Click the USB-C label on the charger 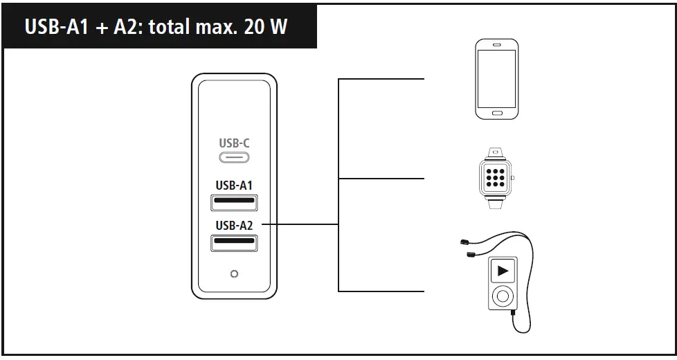[234, 143]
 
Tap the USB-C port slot [234, 157]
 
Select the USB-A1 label [234, 186]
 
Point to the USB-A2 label [234, 225]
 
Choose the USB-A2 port [234, 243]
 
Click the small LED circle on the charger [234, 274]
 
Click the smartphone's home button [496, 113]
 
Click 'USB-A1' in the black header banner [53, 27]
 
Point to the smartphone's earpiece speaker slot [496, 46]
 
